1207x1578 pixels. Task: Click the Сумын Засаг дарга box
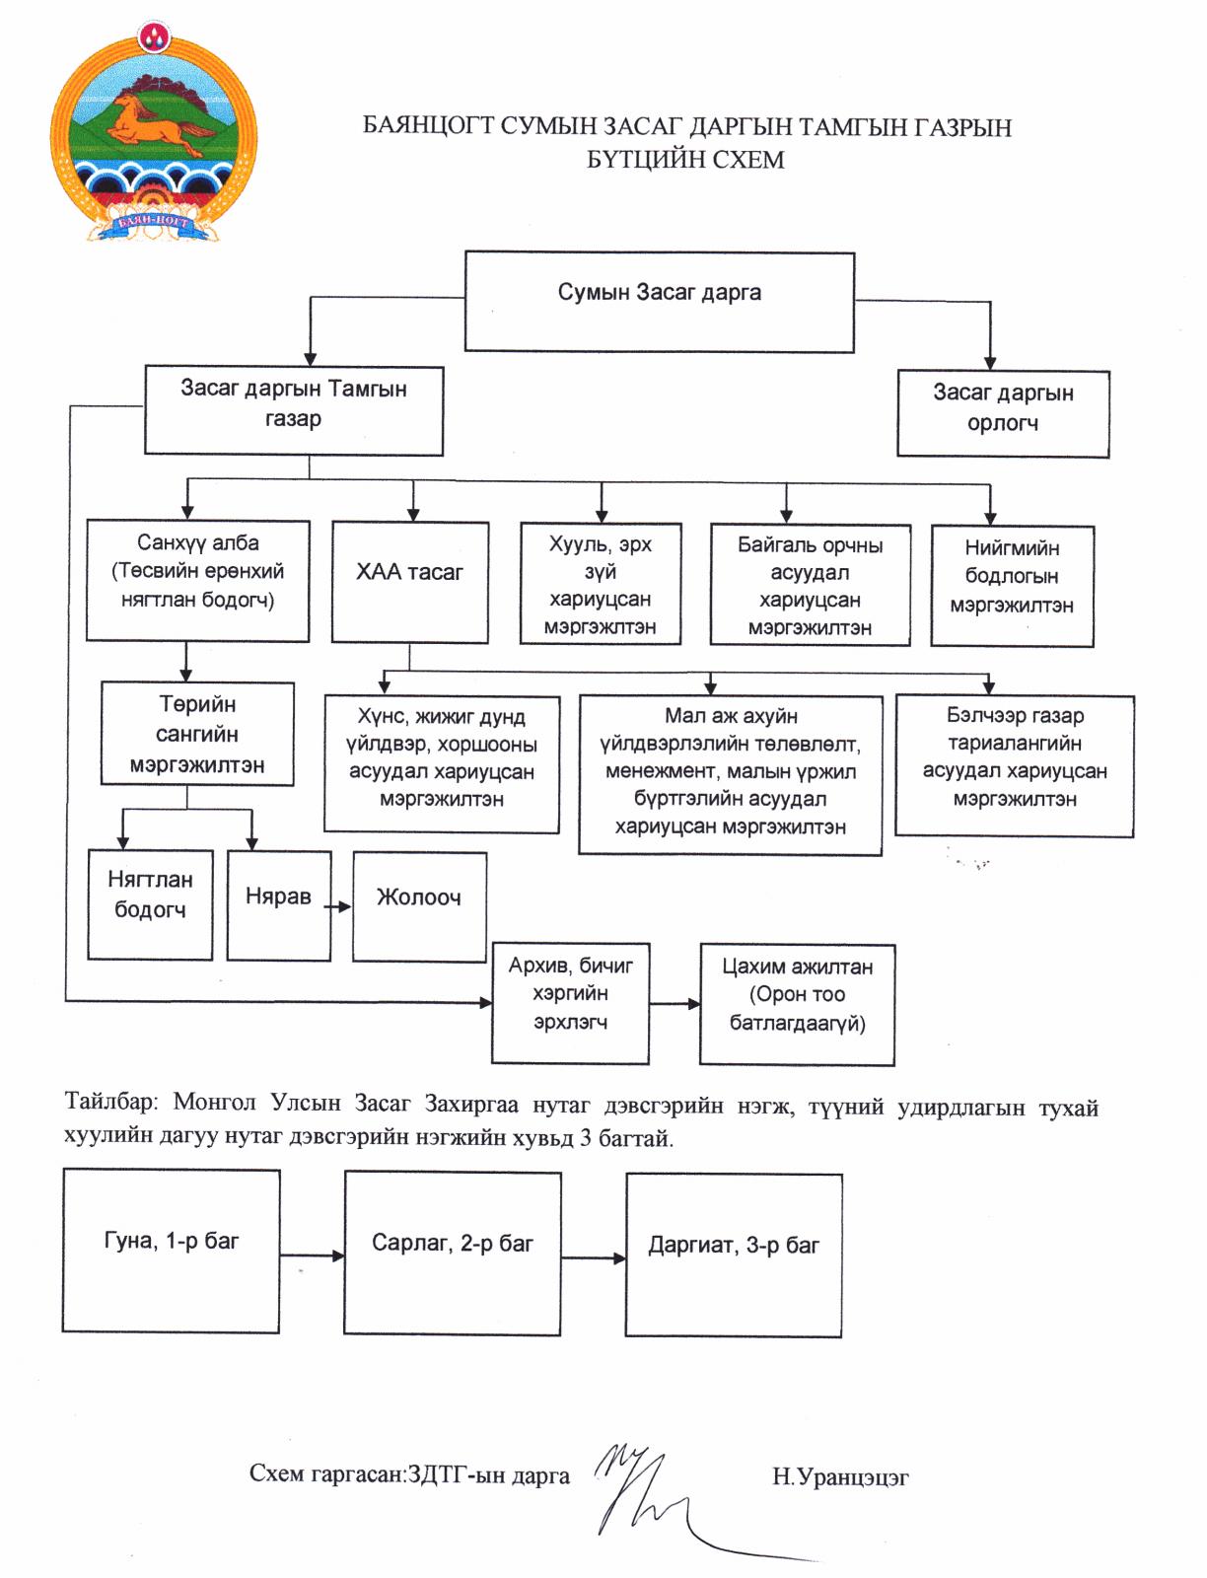tap(659, 301)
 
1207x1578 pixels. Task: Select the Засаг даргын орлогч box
tap(1003, 413)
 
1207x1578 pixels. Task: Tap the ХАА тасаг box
tap(410, 582)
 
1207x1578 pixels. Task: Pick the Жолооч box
tap(419, 906)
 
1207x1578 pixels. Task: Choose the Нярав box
tap(279, 905)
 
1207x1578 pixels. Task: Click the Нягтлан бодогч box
tap(150, 904)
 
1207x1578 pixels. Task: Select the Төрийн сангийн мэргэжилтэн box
tap(197, 734)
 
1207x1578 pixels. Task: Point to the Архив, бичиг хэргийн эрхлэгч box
tap(570, 1003)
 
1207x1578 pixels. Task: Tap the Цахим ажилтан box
tap(797, 1004)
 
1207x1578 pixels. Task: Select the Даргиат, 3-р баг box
tap(734, 1255)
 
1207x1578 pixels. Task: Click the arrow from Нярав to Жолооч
tap(336, 907)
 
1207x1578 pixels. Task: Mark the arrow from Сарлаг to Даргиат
tap(593, 1258)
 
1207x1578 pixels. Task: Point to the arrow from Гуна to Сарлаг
tap(312, 1255)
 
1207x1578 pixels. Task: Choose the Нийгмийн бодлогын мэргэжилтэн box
tap(1012, 586)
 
